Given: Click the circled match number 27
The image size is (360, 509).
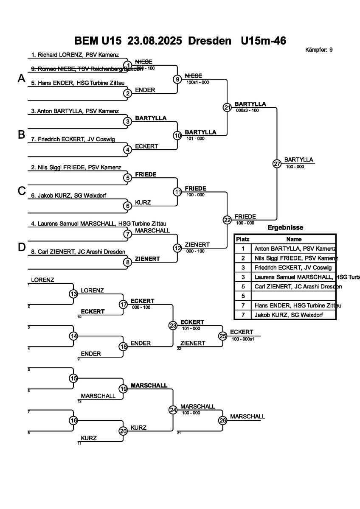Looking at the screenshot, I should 277,164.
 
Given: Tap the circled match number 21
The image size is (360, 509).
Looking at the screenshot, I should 227,107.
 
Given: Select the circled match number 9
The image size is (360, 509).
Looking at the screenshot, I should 177,79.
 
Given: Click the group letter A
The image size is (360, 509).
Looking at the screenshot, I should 22,78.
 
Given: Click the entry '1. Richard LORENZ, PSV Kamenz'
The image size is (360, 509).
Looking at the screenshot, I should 75,55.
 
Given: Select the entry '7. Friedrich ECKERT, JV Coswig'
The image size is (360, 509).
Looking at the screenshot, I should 73,139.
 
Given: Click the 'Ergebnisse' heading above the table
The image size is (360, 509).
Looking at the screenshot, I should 285,228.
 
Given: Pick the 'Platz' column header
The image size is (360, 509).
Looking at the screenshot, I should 243,239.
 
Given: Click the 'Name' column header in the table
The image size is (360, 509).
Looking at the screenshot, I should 294,239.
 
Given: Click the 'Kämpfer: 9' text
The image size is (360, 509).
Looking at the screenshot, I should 319,50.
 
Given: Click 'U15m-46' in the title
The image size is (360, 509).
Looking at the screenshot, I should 263,41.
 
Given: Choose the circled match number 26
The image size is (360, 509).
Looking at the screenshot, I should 223,420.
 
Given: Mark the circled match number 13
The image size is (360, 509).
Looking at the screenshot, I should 73,294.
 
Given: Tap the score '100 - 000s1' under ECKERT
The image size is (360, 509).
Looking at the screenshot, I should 242,339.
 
